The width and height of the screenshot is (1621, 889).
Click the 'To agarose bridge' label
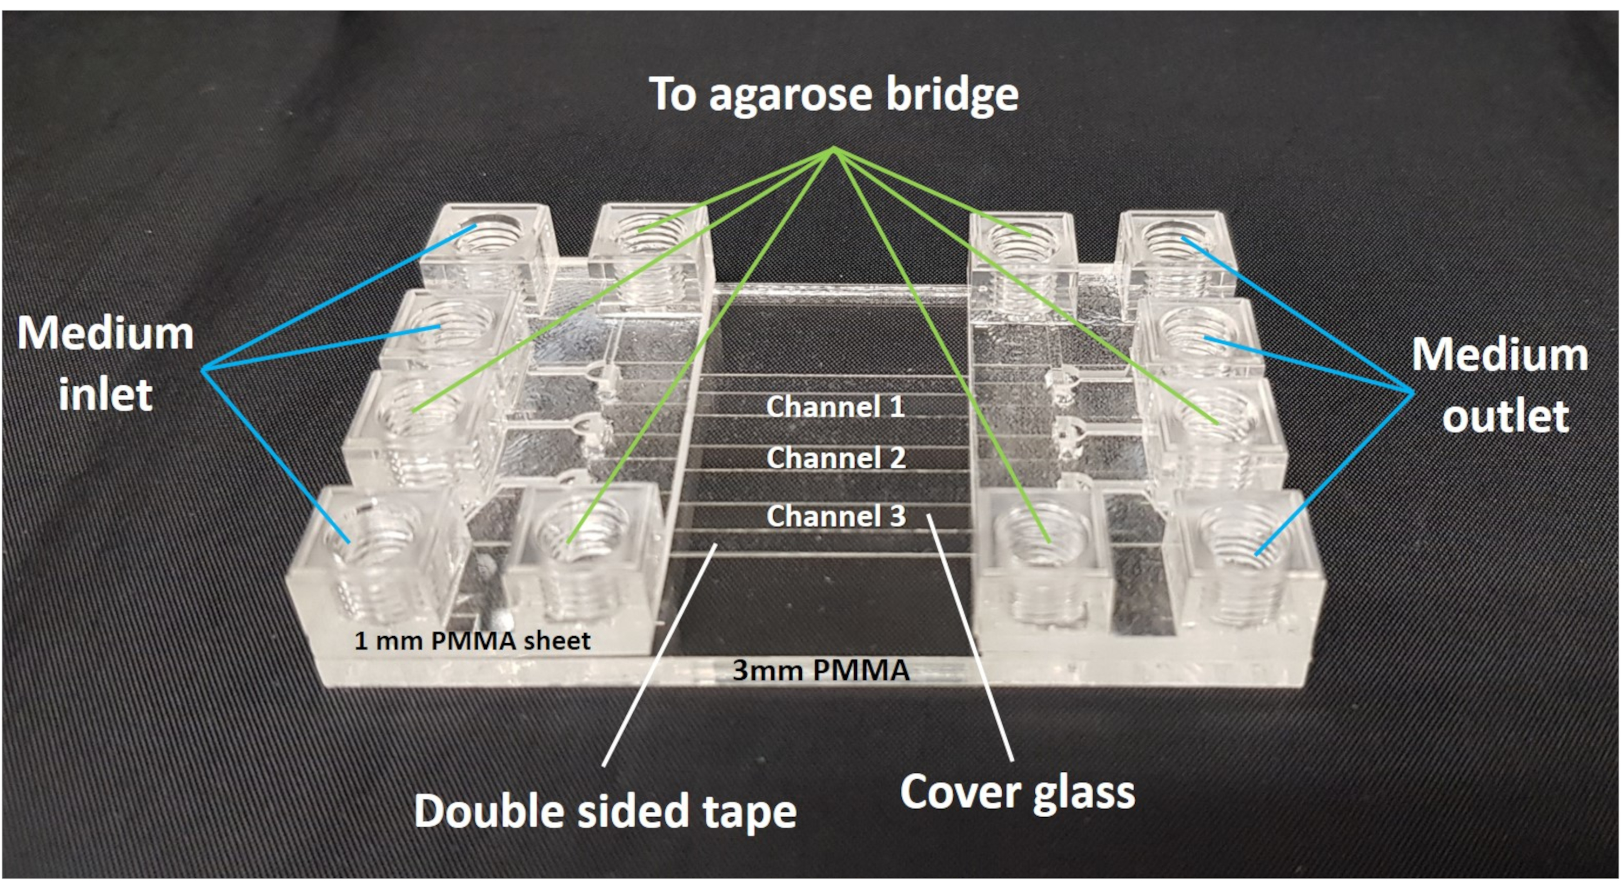(833, 95)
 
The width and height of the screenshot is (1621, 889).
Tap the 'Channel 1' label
(835, 407)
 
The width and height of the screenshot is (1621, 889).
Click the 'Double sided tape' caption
(605, 812)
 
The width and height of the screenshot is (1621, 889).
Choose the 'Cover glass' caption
(1017, 792)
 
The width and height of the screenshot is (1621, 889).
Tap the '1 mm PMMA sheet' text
(472, 641)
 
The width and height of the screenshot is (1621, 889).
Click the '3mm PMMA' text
(821, 671)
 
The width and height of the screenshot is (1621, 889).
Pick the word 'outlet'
(1506, 416)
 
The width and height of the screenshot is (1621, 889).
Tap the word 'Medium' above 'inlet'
(105, 333)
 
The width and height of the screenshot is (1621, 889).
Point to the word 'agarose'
(792, 96)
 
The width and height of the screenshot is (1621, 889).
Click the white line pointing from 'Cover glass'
(969, 636)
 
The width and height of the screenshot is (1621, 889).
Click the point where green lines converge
(833, 149)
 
